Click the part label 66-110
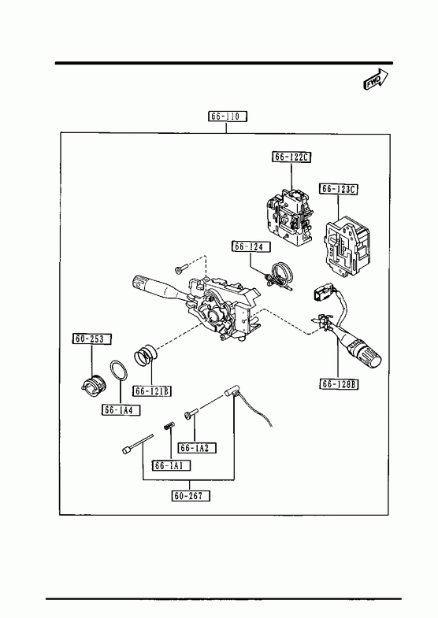228,117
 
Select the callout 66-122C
291,157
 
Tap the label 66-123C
339,189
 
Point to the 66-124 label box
251,246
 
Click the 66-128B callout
339,384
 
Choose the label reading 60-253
92,339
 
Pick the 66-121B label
152,390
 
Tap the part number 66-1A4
121,410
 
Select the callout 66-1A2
197,448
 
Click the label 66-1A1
172,465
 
